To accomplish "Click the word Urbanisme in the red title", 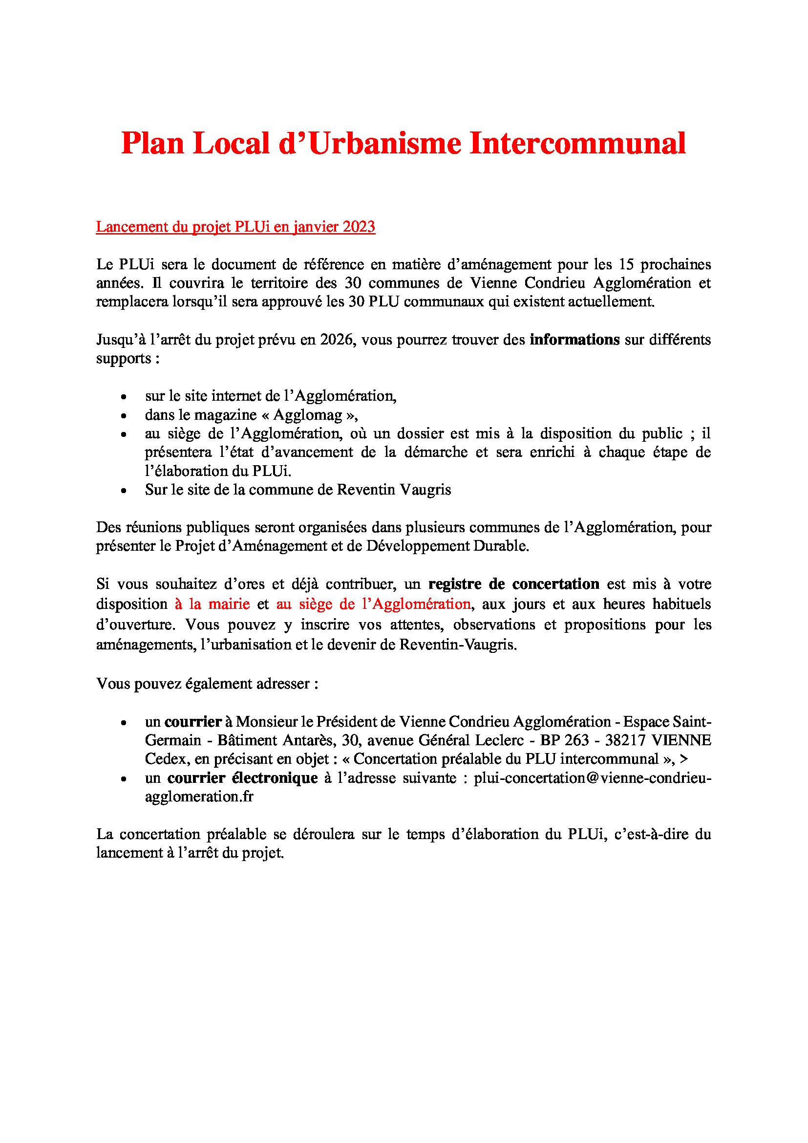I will (x=384, y=143).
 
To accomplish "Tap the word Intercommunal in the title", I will (x=577, y=143).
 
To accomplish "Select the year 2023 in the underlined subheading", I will (x=358, y=227).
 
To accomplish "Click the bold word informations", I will (x=574, y=340).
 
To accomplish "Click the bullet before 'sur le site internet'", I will (x=124, y=397).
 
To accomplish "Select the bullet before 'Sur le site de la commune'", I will (x=124, y=491).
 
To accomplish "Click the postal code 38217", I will (x=625, y=740).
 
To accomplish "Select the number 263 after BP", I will (x=576, y=740).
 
